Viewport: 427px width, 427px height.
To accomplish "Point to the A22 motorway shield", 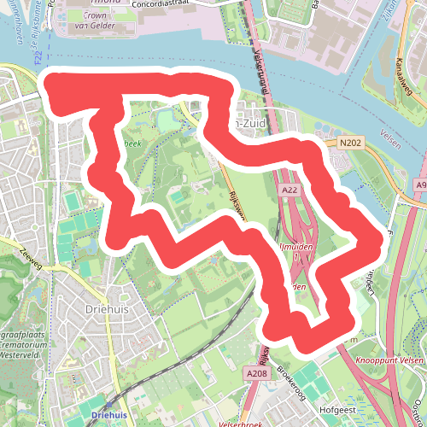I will pyautogui.click(x=289, y=190).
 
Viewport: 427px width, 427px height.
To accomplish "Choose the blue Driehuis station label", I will pyautogui.click(x=108, y=415).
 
